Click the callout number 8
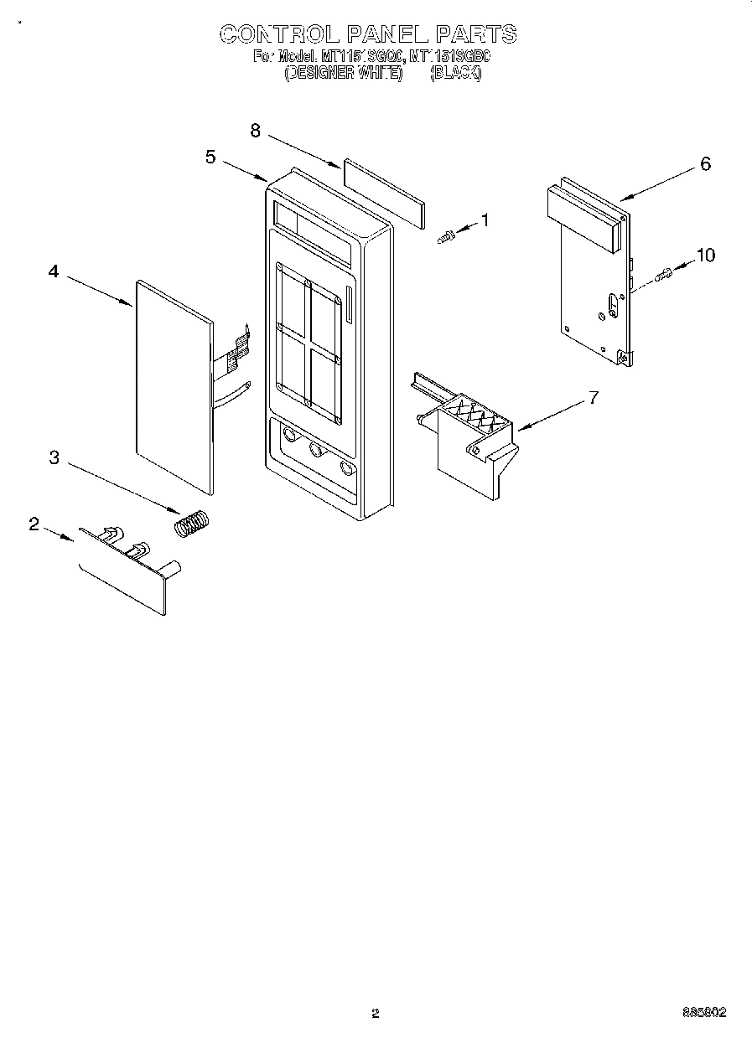tap(255, 130)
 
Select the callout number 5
tap(210, 157)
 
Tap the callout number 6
tap(705, 164)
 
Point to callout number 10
tap(706, 255)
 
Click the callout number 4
tap(54, 271)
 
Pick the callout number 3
tap(54, 457)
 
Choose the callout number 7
tap(593, 398)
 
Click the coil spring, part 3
tap(193, 524)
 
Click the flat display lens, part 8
tap(381, 194)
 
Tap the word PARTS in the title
tap(475, 34)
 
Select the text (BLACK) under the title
tap(455, 73)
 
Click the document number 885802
tap(704, 1012)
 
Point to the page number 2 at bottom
tap(376, 1013)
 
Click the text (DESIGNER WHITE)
tap(344, 73)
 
